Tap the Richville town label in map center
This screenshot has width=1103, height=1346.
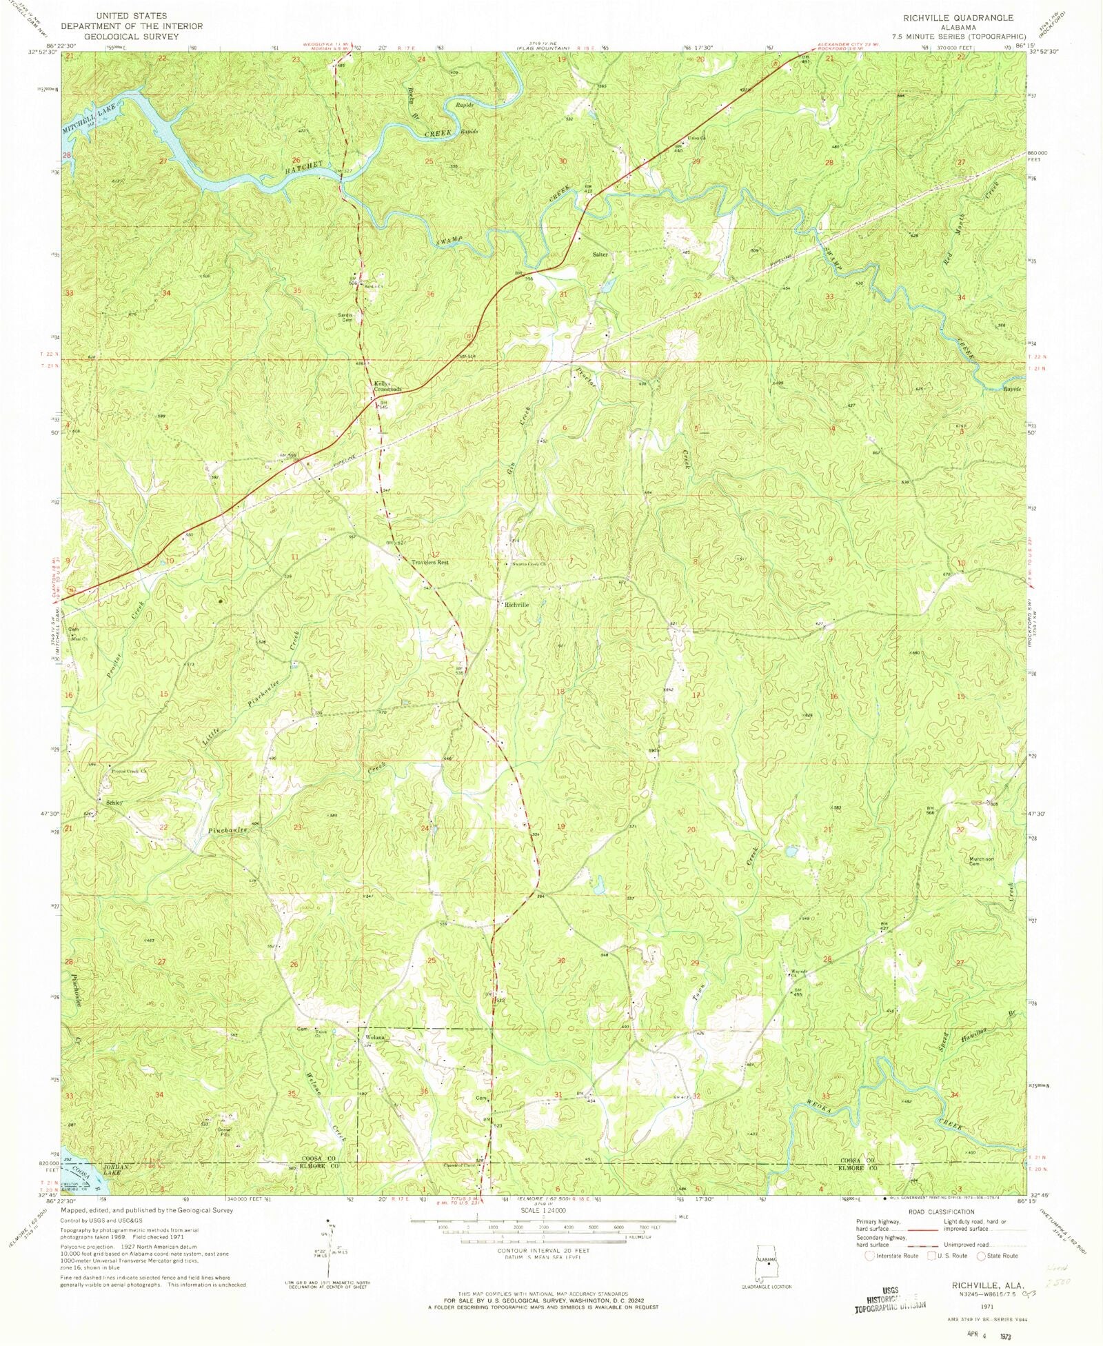(516, 605)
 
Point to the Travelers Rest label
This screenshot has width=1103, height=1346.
(430, 563)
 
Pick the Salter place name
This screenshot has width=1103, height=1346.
(600, 254)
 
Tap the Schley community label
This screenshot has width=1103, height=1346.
(114, 803)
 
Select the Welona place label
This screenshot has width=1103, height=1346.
(376, 1037)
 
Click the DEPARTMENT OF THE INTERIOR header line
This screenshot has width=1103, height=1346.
(132, 26)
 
